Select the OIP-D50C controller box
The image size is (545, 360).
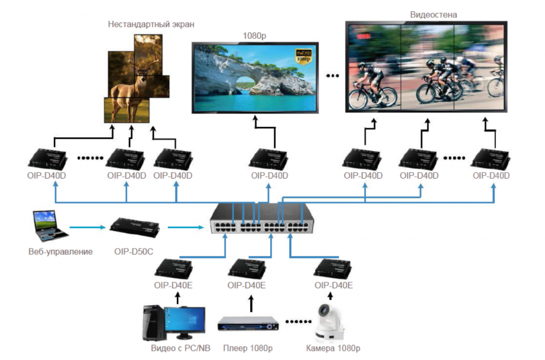(x=134, y=227)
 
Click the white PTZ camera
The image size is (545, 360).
(x=329, y=321)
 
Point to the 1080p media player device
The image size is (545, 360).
(x=248, y=324)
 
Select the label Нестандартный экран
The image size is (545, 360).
(x=151, y=24)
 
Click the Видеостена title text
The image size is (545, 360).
(x=433, y=14)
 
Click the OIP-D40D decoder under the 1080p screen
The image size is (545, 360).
(x=268, y=159)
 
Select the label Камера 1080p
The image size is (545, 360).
(x=333, y=349)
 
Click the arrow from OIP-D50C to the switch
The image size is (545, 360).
(x=186, y=227)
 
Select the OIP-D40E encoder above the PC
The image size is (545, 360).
(x=174, y=269)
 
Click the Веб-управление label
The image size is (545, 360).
(x=60, y=251)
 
